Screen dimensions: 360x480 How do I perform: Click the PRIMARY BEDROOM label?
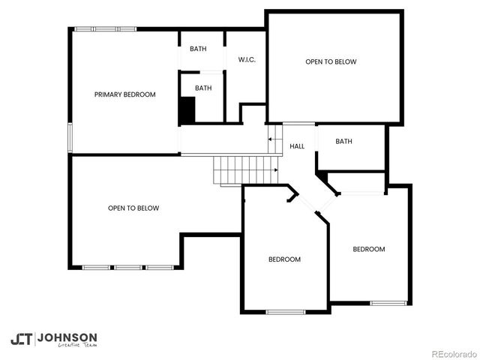[x=124, y=94]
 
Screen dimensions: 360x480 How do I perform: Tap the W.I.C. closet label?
[x=247, y=60]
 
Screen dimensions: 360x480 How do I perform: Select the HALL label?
[x=297, y=146]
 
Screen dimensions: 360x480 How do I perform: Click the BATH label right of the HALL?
[x=343, y=141]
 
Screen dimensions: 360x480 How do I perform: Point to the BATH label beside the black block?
[x=203, y=88]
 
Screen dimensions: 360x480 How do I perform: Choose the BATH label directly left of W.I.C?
[x=198, y=49]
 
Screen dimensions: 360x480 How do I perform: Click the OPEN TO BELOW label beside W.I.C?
[x=331, y=61]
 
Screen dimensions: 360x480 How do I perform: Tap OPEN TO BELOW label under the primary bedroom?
[x=133, y=208]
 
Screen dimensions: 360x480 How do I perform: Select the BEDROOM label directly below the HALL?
[x=284, y=259]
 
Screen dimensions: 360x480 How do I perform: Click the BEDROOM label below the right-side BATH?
[x=369, y=249]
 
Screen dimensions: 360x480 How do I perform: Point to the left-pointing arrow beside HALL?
[x=271, y=139]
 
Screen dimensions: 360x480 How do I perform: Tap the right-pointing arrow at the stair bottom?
[x=275, y=170]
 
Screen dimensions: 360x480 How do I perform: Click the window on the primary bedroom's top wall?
[x=106, y=29]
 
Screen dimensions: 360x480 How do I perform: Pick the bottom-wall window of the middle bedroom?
[x=286, y=311]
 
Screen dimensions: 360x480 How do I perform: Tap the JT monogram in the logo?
[x=22, y=338]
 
